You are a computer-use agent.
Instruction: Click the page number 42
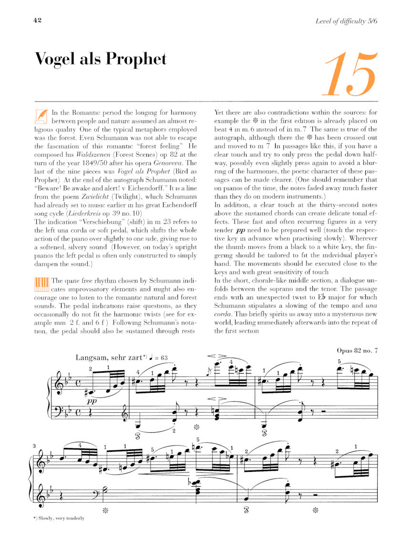(38, 20)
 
